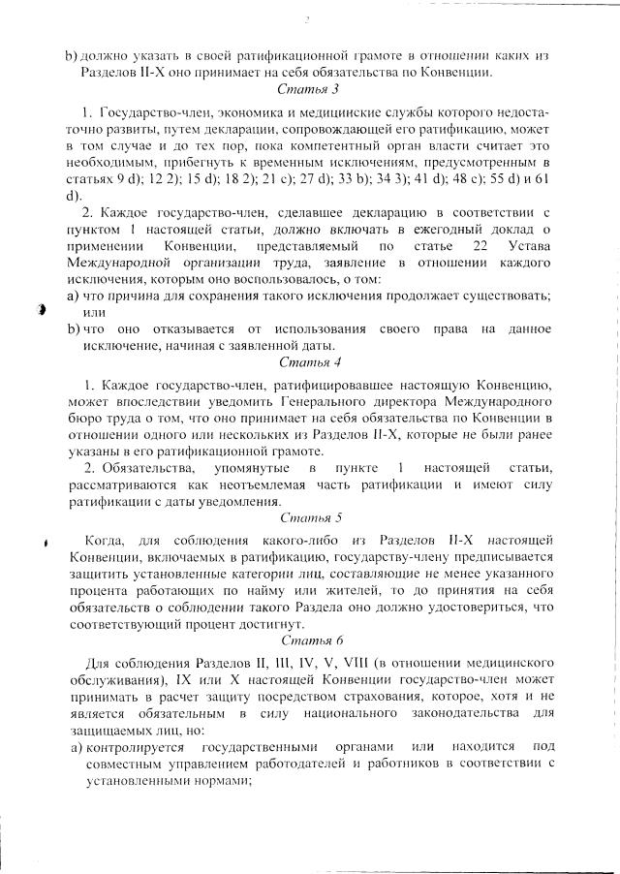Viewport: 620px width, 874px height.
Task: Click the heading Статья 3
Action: tap(309, 89)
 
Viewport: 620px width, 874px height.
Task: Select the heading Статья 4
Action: tap(309, 363)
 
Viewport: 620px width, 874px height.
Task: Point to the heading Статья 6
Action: tap(309, 641)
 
